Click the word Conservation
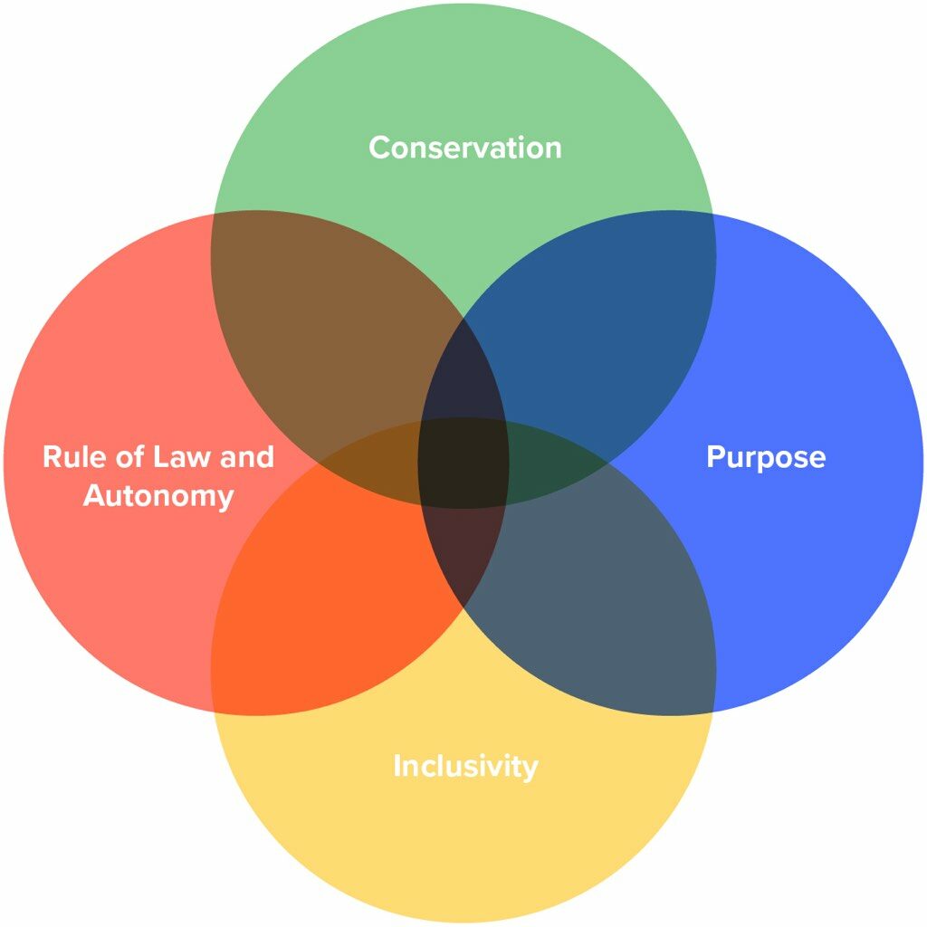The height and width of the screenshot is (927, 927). (x=464, y=148)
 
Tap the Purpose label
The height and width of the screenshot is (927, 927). (x=765, y=457)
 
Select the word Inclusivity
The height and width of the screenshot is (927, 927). (x=465, y=767)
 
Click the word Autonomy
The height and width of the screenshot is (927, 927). (x=158, y=496)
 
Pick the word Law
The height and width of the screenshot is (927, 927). (x=184, y=456)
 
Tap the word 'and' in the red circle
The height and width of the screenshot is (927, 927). (x=246, y=456)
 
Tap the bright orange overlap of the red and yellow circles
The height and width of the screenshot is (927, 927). (x=326, y=597)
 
